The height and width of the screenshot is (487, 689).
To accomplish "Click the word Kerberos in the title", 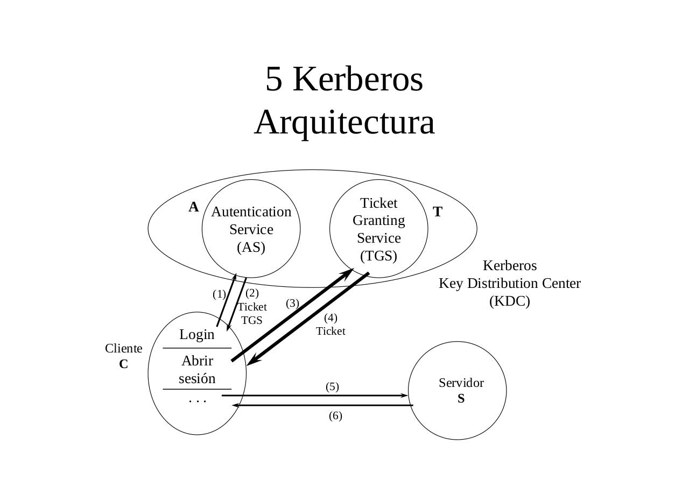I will pyautogui.click(x=357, y=79).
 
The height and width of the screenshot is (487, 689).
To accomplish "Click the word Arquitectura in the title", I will pyautogui.click(x=344, y=122).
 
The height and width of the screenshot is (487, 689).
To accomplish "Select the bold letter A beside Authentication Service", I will pyautogui.click(x=193, y=207).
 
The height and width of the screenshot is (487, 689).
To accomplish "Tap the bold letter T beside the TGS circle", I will pyautogui.click(x=438, y=212).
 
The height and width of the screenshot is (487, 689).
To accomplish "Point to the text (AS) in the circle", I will pyautogui.click(x=251, y=247).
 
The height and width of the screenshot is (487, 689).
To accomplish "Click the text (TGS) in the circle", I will pyautogui.click(x=379, y=256).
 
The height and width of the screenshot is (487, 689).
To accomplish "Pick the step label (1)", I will pyautogui.click(x=219, y=294).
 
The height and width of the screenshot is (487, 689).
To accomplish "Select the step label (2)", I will pyautogui.click(x=252, y=293).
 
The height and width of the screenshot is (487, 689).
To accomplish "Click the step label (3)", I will pyautogui.click(x=292, y=303).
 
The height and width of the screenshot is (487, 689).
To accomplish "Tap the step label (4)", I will pyautogui.click(x=331, y=317).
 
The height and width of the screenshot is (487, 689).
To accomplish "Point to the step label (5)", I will pyautogui.click(x=332, y=386).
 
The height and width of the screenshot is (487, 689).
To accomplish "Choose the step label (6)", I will pyautogui.click(x=335, y=415).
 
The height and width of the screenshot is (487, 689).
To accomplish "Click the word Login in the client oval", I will pyautogui.click(x=197, y=334).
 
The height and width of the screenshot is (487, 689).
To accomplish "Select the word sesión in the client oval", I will pyautogui.click(x=197, y=378).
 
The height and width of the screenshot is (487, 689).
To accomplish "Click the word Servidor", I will pyautogui.click(x=461, y=383).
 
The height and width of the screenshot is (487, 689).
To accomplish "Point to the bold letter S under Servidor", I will pyautogui.click(x=461, y=399).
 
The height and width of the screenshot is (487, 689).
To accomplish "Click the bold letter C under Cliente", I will pyautogui.click(x=123, y=364).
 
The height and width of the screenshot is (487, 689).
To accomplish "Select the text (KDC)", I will pyautogui.click(x=509, y=301).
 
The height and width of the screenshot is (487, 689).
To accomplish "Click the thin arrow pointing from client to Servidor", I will pyautogui.click(x=315, y=396).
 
